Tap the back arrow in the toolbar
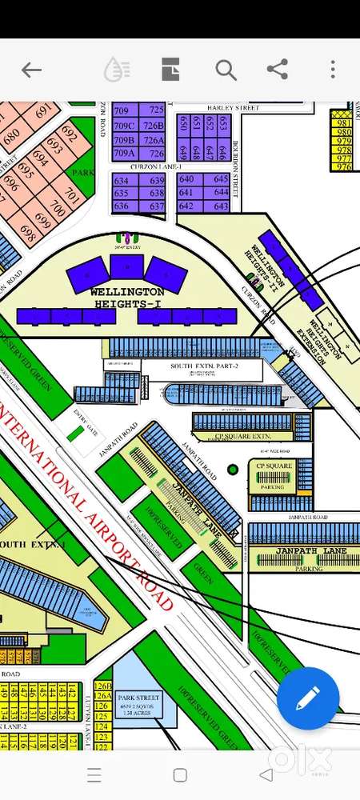[x=31, y=70]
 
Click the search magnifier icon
[x=226, y=70]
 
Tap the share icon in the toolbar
[x=277, y=70]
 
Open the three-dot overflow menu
[x=333, y=70]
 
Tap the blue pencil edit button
[x=308, y=698]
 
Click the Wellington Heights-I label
[x=127, y=297]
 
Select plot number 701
[x=72, y=194]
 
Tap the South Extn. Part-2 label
[x=203, y=366]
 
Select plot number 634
[x=122, y=180]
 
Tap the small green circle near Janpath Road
[x=233, y=470]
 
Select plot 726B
[x=153, y=126]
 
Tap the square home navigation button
[x=180, y=774]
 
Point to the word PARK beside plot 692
[x=83, y=172]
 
